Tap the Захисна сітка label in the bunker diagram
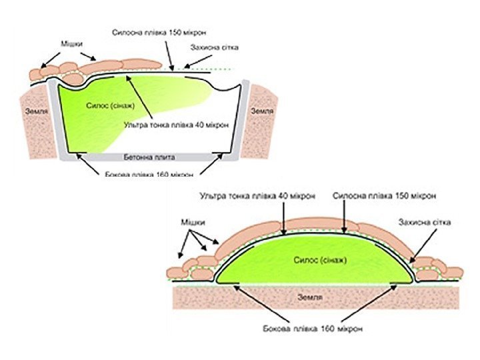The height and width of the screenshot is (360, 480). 213,48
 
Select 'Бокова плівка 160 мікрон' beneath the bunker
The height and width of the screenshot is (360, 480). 149,175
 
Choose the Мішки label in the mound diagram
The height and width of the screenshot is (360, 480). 191,221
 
